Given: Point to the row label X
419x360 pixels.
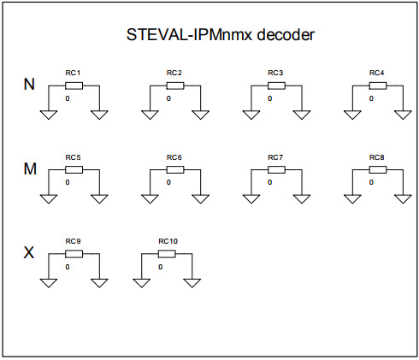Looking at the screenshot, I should pyautogui.click(x=28, y=253).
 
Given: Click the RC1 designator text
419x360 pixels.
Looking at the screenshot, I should pyautogui.click(x=74, y=74).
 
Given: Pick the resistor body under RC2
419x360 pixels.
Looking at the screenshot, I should pyautogui.click(x=174, y=86).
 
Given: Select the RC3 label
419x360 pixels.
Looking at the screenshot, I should pyautogui.click(x=275, y=74).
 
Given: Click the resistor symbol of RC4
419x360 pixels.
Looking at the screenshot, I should pyautogui.click(x=377, y=86).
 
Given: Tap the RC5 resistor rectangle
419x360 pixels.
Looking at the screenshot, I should pyautogui.click(x=74, y=169).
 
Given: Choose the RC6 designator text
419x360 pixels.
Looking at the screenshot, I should pyautogui.click(x=174, y=158).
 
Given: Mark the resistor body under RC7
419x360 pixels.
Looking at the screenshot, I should pyautogui.click(x=275, y=169).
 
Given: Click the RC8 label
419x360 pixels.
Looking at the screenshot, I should pyautogui.click(x=377, y=158).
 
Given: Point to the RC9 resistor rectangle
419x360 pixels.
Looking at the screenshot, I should pyautogui.click(x=74, y=254).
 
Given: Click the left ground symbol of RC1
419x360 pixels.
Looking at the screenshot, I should pyautogui.click(x=49, y=114).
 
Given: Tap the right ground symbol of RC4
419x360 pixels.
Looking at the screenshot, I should pyautogui.click(x=403, y=114).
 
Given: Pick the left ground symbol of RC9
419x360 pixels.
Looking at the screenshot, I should pyautogui.click(x=49, y=282).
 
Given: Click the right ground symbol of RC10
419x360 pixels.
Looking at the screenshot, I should pyautogui.click(x=192, y=282).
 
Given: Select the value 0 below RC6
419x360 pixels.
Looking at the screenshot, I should pyautogui.click(x=168, y=182).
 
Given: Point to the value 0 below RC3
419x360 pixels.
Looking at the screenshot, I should pyautogui.click(x=269, y=98).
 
